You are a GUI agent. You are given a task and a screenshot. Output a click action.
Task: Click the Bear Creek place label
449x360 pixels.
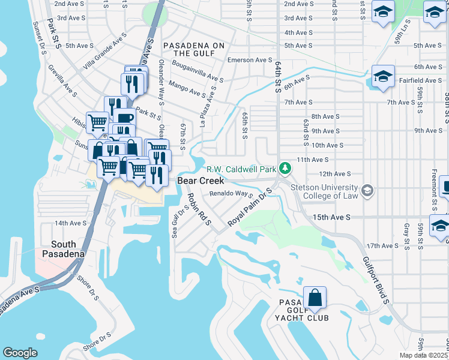(x=200, y=181)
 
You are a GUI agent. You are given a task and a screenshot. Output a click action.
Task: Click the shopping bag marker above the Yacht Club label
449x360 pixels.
(x=314, y=297)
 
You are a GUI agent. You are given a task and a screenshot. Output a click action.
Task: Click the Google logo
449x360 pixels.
(x=20, y=352)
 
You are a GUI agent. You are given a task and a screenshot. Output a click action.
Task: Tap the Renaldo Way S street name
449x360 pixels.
(x=231, y=194)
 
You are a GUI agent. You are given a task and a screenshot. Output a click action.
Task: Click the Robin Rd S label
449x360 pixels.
(x=199, y=209)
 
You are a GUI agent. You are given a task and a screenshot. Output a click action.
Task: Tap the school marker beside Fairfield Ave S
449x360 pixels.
(x=382, y=77)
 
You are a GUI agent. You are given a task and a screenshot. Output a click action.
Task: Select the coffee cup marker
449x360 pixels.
(x=124, y=119)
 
